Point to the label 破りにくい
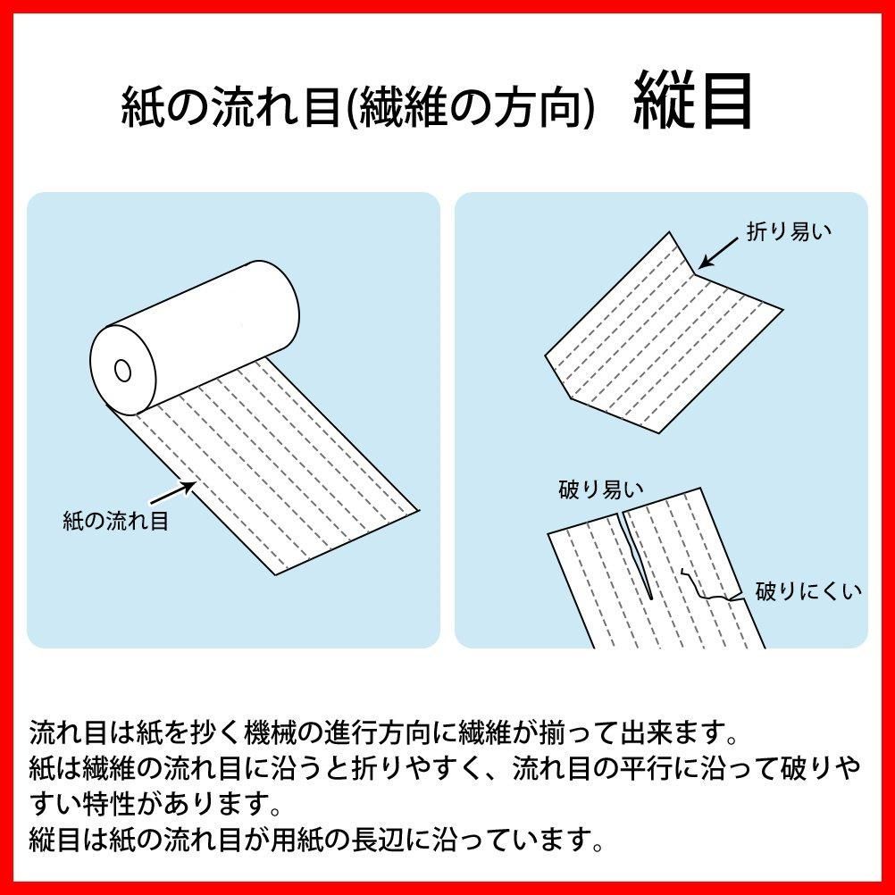(x=808, y=590)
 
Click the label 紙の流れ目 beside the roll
(x=115, y=521)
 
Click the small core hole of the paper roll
(x=122, y=367)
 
